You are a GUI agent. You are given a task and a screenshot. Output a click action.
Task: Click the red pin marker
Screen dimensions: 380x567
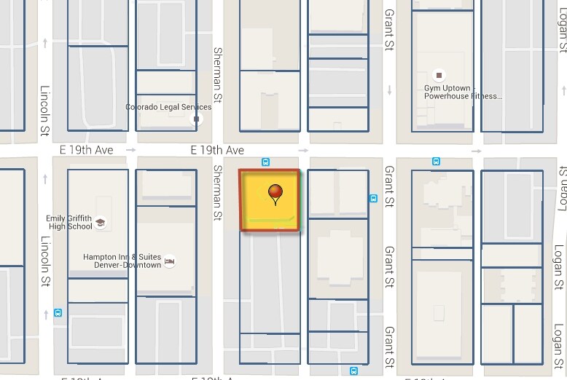click(275, 194)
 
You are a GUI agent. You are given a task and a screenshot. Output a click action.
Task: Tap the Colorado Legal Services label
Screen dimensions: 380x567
click(168, 107)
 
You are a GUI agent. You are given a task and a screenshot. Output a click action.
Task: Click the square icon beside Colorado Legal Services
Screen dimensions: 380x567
click(196, 118)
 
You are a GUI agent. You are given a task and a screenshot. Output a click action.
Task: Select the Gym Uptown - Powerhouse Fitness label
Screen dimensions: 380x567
click(463, 92)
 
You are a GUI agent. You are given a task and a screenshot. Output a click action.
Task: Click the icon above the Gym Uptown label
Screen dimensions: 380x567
click(439, 74)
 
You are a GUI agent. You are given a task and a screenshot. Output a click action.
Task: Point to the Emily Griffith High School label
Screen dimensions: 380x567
click(69, 222)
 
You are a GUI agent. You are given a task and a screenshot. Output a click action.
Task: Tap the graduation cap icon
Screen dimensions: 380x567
click(101, 223)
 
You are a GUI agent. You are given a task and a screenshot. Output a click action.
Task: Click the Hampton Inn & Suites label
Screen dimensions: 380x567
click(122, 261)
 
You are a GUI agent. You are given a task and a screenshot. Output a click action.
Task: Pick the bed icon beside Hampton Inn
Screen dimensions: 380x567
click(170, 261)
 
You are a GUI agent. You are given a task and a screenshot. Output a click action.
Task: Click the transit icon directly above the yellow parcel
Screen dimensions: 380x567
click(266, 162)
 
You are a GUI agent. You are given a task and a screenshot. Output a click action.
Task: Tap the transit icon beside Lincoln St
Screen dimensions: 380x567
click(58, 313)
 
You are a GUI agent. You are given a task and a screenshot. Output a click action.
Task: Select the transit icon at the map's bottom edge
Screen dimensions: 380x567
click(353, 370)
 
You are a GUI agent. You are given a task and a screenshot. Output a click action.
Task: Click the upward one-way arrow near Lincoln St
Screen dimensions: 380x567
click(45, 43)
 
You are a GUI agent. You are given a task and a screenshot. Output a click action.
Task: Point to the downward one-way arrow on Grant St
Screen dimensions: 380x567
click(390, 90)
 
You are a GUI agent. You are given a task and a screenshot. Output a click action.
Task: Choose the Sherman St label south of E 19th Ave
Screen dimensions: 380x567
click(217, 192)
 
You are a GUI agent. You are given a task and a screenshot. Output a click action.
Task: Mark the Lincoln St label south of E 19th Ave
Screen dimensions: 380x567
click(45, 260)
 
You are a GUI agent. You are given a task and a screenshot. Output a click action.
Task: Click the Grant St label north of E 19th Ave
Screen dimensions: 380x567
click(389, 29)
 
